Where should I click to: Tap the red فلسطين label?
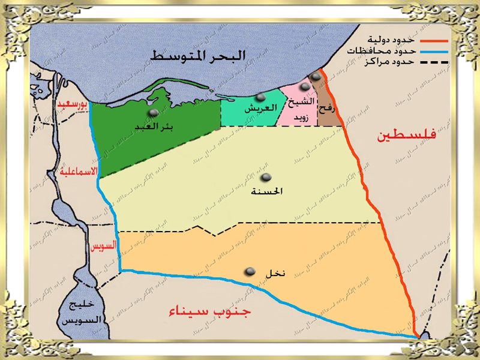tap(407, 136)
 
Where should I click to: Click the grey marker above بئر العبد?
tap(154, 113)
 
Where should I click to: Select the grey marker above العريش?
tap(260, 97)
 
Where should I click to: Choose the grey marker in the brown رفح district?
tap(316, 77)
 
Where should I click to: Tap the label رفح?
tap(329, 106)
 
